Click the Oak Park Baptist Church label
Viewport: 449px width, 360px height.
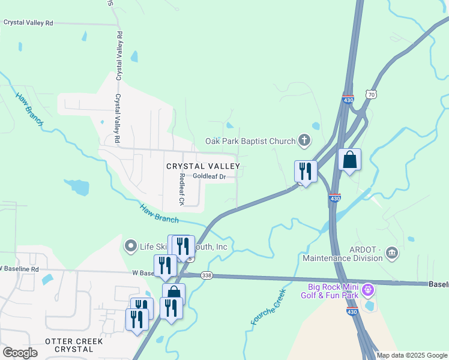point(250,142)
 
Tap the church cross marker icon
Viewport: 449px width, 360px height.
point(304,142)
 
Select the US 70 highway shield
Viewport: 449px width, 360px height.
point(372,95)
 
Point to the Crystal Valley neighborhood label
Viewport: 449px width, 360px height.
point(203,166)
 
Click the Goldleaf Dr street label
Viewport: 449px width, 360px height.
point(209,176)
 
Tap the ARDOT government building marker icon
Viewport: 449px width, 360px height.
point(392,251)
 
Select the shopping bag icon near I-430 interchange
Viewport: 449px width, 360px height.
point(349,160)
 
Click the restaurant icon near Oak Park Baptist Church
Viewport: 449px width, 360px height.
point(306,172)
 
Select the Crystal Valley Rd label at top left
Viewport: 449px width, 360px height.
point(28,22)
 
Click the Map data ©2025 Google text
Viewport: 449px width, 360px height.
point(412,355)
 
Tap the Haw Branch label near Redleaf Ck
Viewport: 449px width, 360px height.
point(159,213)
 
